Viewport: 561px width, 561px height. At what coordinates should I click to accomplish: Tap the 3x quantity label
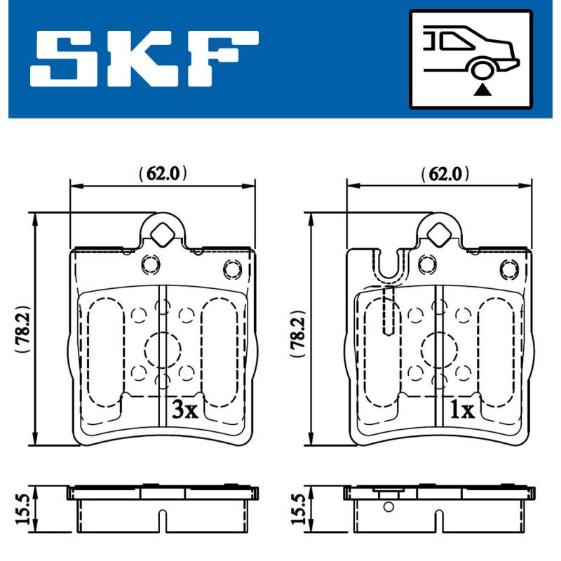(x=185, y=410)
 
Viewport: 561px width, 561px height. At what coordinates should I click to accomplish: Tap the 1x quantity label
(x=461, y=410)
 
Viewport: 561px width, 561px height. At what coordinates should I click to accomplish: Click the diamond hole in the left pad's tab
(x=163, y=234)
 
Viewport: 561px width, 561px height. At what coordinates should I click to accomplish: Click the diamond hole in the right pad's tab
(x=439, y=234)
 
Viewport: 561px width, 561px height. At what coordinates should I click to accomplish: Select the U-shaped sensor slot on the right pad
(x=390, y=270)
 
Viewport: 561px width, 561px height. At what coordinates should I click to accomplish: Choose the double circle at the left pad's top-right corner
(x=232, y=268)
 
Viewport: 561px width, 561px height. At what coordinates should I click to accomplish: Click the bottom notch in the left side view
(x=162, y=522)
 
